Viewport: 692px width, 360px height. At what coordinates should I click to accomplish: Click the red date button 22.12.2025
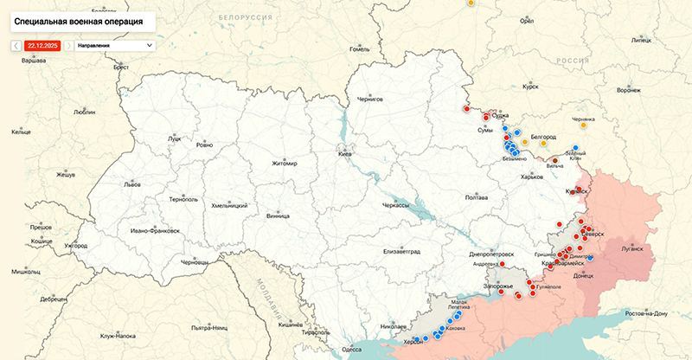click(x=42, y=44)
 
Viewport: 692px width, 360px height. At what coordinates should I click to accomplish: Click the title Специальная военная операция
click(x=75, y=18)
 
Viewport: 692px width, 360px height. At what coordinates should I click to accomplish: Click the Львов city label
click(x=131, y=184)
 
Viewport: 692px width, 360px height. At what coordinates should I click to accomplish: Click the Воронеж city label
click(x=629, y=89)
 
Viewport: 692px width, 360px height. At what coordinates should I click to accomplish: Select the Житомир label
click(x=284, y=164)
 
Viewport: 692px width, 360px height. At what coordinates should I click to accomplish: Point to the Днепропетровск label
click(x=490, y=254)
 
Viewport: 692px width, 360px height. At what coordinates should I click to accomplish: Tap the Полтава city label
click(x=477, y=197)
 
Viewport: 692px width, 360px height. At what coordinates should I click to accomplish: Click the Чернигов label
click(x=369, y=100)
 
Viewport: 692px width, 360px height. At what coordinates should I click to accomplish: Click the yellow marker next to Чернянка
click(x=584, y=125)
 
